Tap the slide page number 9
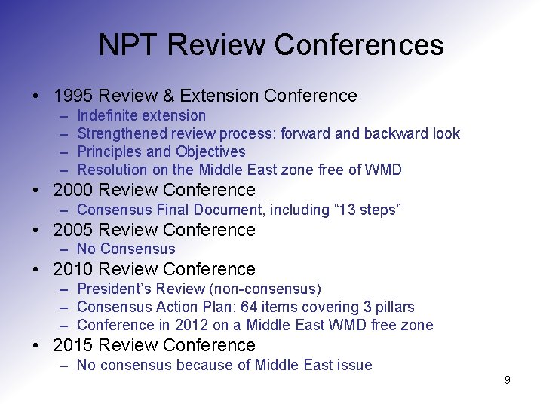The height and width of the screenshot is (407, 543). click(507, 380)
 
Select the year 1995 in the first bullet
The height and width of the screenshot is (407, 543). click(73, 96)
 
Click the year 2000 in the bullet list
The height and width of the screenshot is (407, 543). click(73, 190)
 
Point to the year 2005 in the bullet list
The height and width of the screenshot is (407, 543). click(73, 230)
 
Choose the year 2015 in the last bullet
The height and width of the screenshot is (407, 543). click(73, 345)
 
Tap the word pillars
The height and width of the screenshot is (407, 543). click(392, 307)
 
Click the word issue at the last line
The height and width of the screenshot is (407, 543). click(354, 365)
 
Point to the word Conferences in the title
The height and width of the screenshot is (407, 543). click(359, 45)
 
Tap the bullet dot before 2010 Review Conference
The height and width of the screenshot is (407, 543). click(36, 269)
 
